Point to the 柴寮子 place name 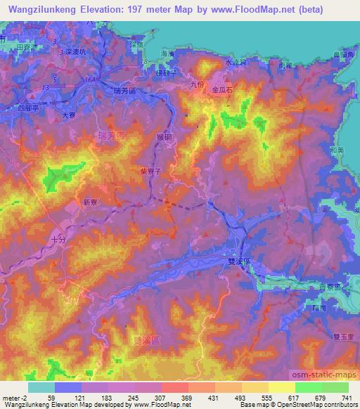(x=152, y=170)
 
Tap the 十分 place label (x=60, y=240)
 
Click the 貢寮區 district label (x=328, y=288)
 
